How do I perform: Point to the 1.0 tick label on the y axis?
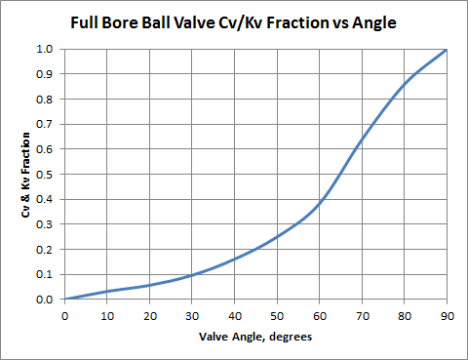[x=44, y=49]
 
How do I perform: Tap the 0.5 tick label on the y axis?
[x=44, y=174]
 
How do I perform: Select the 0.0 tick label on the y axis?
[x=44, y=300]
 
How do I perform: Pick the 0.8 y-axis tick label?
[x=44, y=99]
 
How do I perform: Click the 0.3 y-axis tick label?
[x=44, y=224]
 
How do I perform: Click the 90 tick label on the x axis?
[x=447, y=315]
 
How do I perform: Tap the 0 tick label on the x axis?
[x=64, y=315]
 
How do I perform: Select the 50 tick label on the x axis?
[x=277, y=315]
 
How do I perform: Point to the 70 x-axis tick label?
[x=362, y=315]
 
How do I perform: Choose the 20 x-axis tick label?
[x=149, y=315]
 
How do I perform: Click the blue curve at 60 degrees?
[x=319, y=203]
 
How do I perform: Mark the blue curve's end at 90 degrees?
[x=447, y=50]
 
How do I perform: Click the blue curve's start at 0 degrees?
[x=64, y=299]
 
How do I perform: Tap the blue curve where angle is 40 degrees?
[x=234, y=260]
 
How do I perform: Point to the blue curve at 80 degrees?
[x=404, y=84]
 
